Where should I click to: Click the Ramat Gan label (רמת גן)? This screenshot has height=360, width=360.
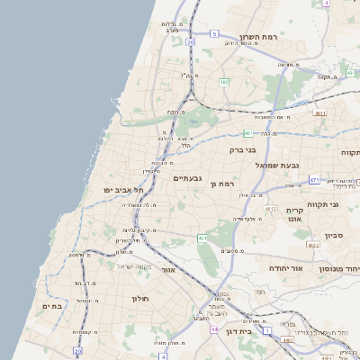coord(220,184)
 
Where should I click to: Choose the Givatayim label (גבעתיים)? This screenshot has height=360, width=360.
coord(191,178)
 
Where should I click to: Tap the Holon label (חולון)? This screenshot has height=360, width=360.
coord(139,298)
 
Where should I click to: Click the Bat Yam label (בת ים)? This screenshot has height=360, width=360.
coord(52,306)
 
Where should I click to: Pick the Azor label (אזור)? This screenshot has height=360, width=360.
coord(168,269)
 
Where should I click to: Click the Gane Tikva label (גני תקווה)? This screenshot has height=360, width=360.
coord(347,205)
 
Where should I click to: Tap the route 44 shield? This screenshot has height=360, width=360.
coord(215,329)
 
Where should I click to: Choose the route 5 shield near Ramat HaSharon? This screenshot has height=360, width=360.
coord(215,33)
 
